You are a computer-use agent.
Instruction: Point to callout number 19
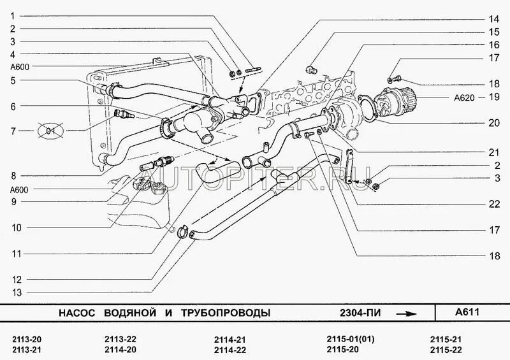pyautogui.click(x=493, y=97)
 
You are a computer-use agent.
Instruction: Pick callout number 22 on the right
pyautogui.click(x=493, y=204)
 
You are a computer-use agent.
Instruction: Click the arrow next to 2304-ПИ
pyautogui.click(x=407, y=313)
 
